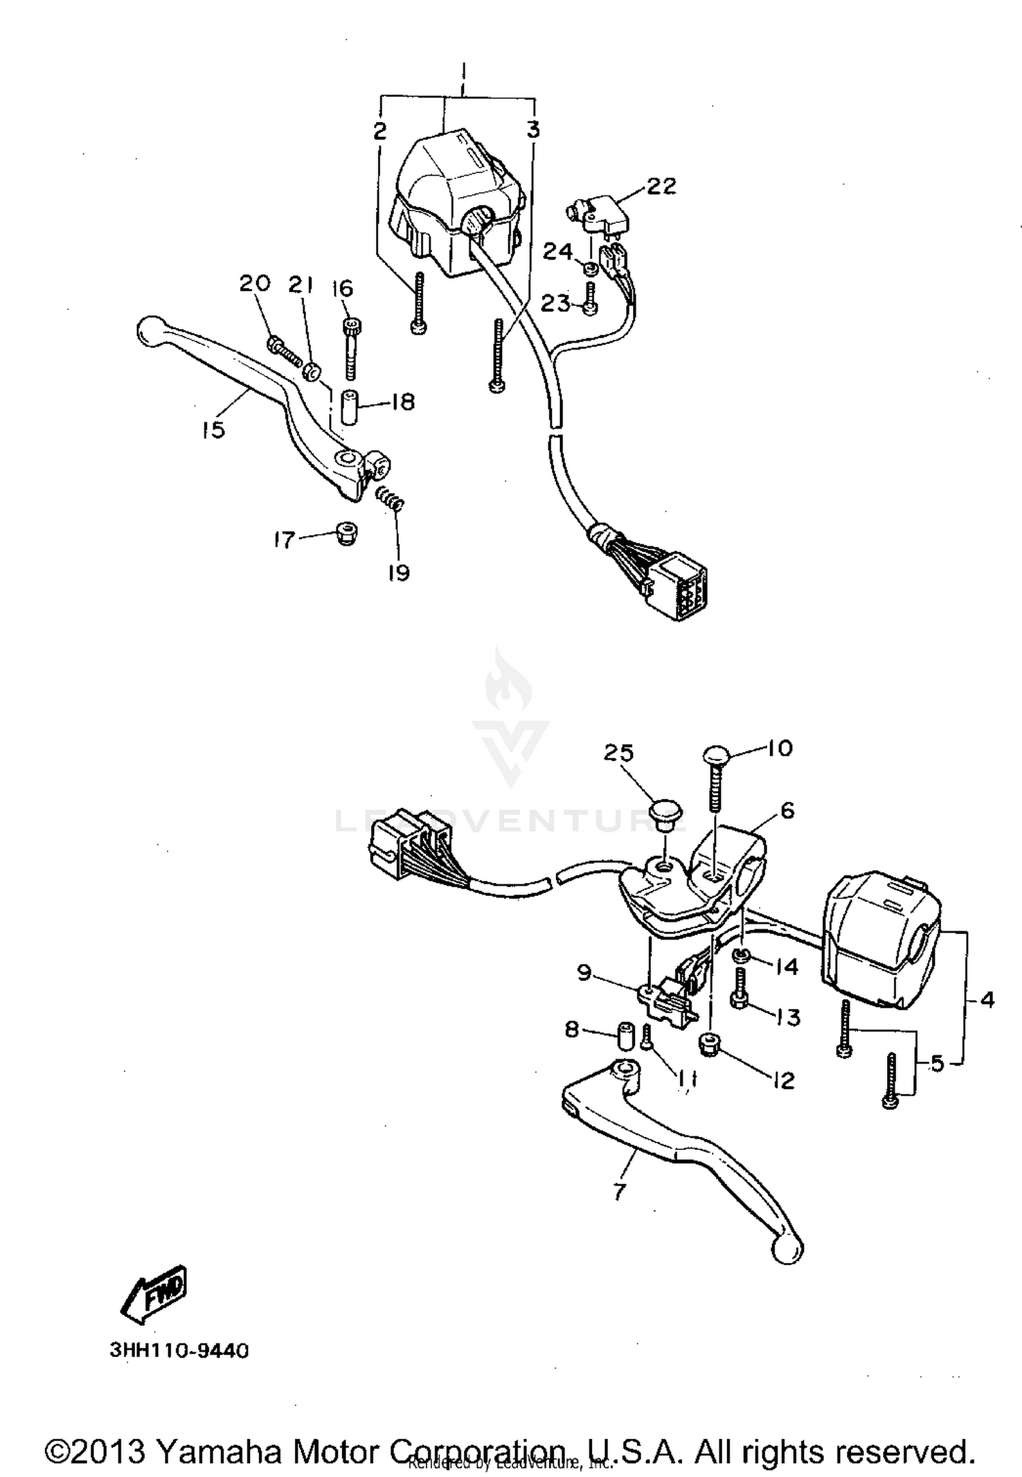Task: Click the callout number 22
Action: pyautogui.click(x=660, y=185)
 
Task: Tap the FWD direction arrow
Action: pyautogui.click(x=154, y=1294)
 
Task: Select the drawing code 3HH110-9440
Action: pyautogui.click(x=179, y=1350)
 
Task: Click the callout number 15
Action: pyautogui.click(x=213, y=430)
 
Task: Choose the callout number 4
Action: pyautogui.click(x=987, y=1000)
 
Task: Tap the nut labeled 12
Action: pyautogui.click(x=709, y=1045)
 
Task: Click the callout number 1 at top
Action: pyautogui.click(x=463, y=72)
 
